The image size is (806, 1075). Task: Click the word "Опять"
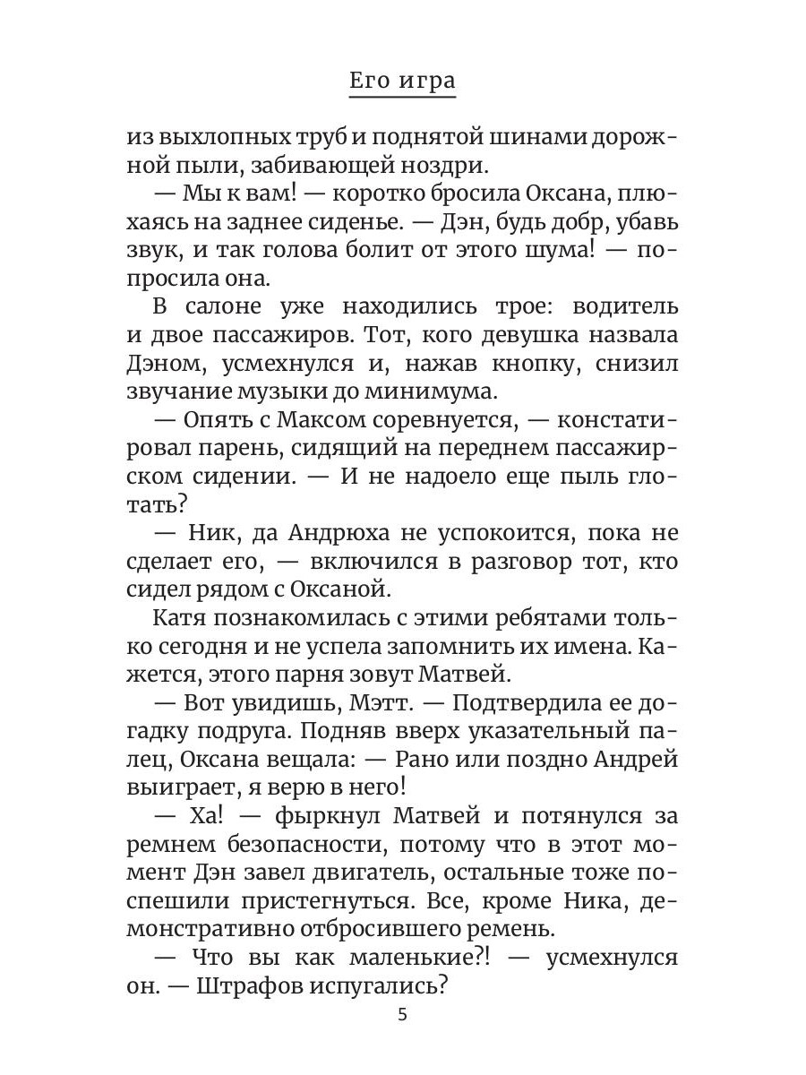pyautogui.click(x=217, y=418)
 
